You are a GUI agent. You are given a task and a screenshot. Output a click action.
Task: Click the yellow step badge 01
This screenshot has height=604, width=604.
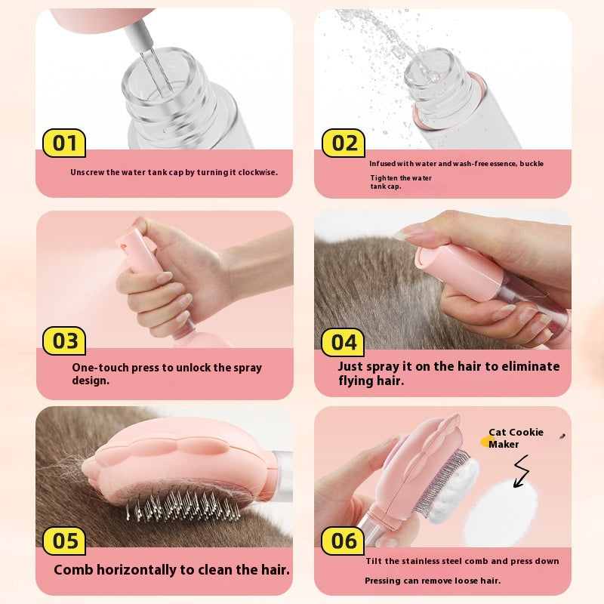tap(64, 143)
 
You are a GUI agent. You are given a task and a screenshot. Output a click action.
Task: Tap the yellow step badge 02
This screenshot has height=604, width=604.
tap(344, 143)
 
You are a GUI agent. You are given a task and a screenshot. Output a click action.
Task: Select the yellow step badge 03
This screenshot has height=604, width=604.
tap(64, 341)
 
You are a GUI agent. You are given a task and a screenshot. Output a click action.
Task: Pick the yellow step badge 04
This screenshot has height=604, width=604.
tap(344, 342)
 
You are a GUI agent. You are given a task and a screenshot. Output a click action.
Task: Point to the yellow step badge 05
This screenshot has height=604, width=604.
tap(64, 541)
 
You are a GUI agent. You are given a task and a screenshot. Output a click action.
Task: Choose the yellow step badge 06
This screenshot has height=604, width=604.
tap(344, 541)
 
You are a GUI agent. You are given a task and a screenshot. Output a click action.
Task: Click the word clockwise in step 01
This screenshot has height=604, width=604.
tap(254, 172)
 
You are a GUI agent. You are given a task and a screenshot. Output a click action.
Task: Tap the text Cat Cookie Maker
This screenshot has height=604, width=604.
tap(516, 438)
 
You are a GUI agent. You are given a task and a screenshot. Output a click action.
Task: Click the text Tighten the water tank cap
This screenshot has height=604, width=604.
tap(400, 182)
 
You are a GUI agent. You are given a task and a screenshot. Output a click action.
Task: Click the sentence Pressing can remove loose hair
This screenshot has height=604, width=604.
tap(432, 581)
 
